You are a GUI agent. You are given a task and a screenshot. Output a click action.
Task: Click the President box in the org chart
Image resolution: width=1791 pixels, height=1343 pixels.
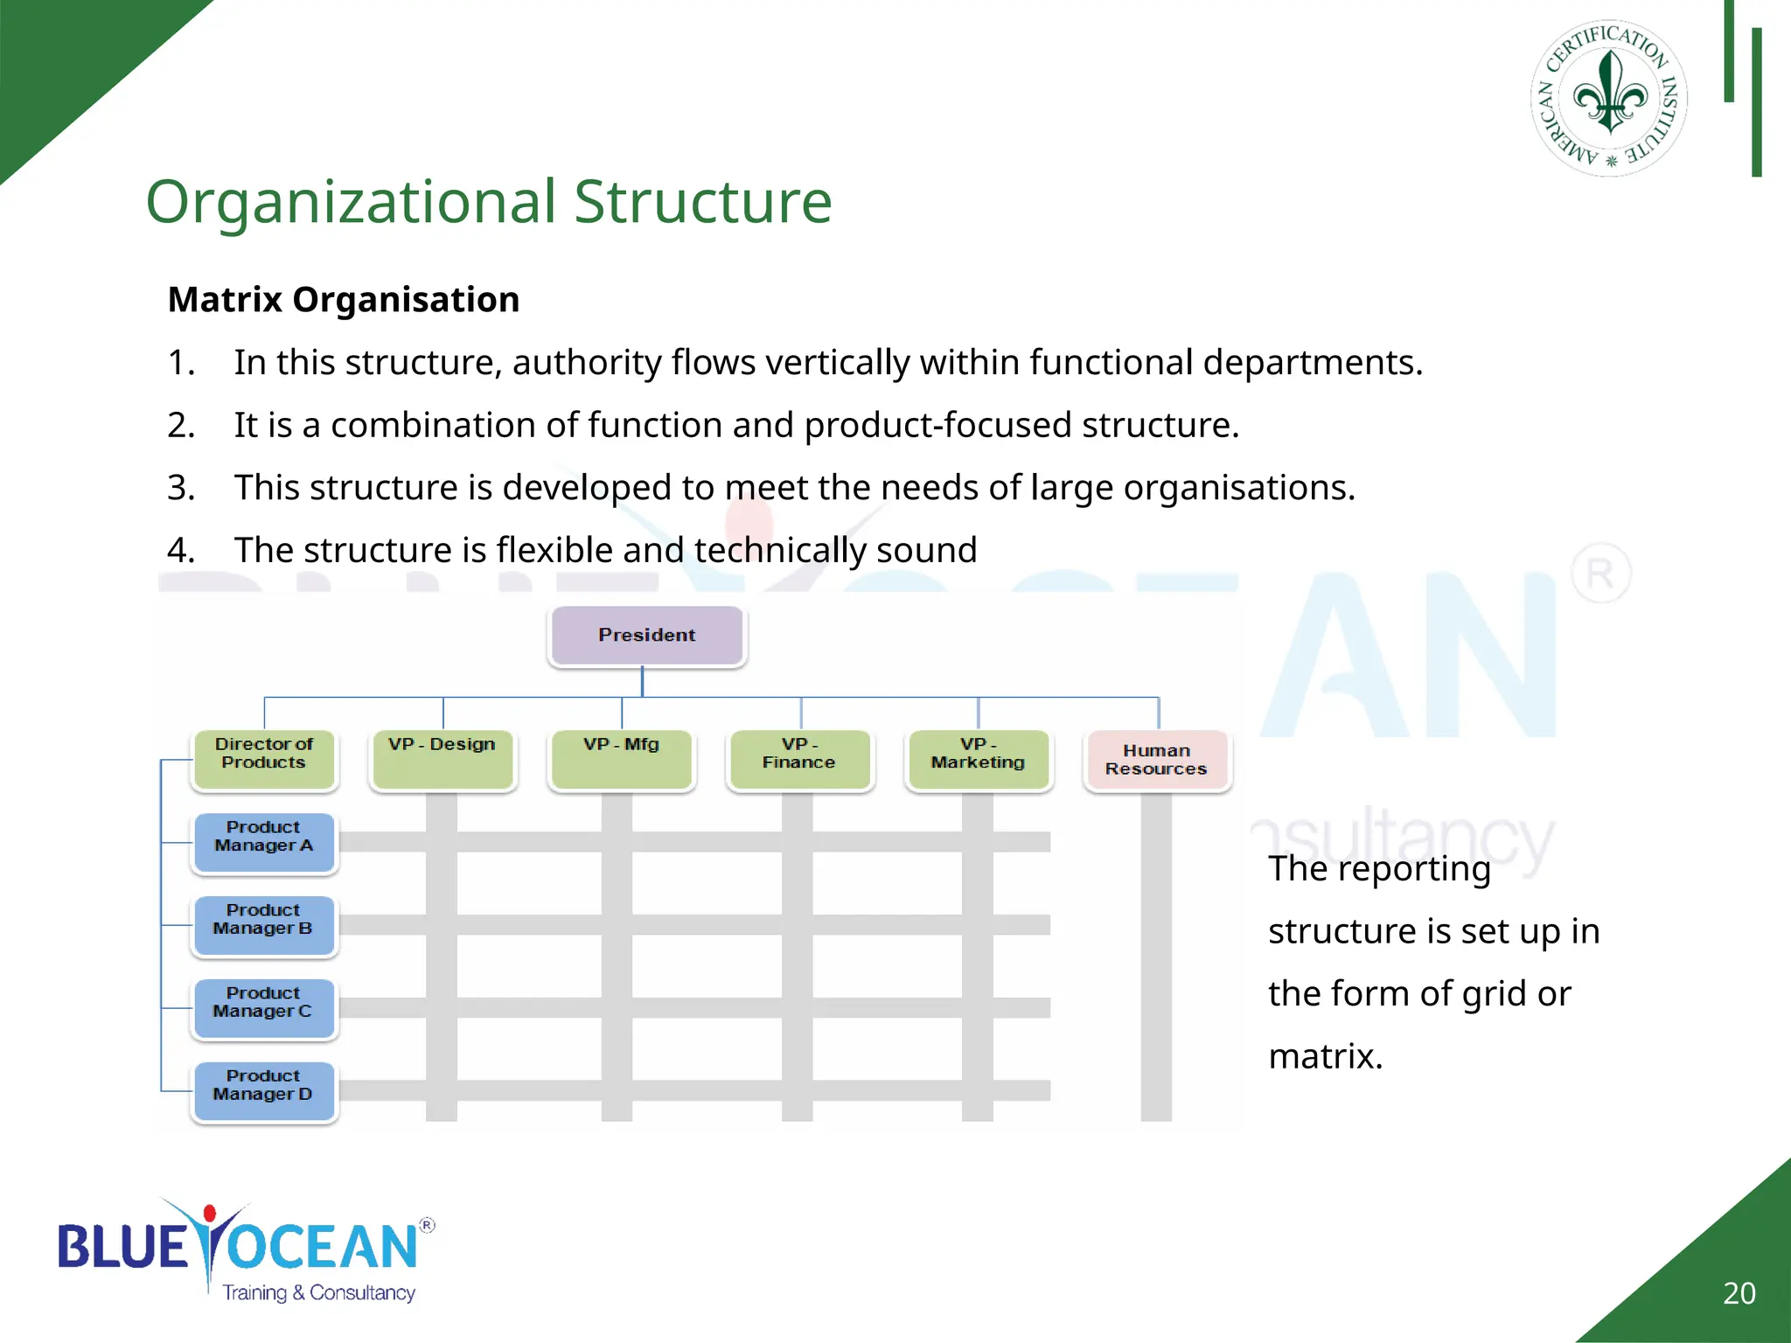click(x=647, y=636)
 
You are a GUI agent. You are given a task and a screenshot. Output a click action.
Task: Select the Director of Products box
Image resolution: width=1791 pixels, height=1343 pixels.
click(x=264, y=759)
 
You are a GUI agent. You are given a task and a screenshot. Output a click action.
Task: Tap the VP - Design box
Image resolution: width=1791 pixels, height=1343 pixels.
click(x=443, y=759)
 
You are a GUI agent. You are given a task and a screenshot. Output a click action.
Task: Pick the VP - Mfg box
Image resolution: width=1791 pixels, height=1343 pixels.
click(x=622, y=759)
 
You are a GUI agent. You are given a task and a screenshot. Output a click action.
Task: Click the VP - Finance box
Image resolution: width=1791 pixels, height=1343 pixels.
click(x=799, y=759)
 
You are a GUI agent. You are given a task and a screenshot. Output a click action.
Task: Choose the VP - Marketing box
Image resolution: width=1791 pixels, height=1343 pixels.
click(x=979, y=759)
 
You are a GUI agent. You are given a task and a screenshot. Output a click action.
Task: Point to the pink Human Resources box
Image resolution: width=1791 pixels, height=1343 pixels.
click(x=1156, y=761)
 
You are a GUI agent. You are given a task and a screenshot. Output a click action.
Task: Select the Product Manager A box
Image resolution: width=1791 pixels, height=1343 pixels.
click(x=264, y=842)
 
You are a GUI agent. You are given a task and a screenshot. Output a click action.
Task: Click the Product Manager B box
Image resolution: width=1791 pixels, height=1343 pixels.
click(x=264, y=925)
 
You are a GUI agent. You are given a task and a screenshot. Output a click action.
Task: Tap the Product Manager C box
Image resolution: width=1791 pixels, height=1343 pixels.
click(x=264, y=1008)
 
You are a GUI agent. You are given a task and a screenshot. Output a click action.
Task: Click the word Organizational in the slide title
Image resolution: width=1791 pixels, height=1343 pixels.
click(x=351, y=202)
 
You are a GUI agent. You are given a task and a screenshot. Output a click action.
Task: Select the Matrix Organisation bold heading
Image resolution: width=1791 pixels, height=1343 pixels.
click(x=344, y=300)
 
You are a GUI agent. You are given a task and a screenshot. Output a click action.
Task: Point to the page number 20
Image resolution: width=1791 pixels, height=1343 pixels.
click(x=1739, y=1293)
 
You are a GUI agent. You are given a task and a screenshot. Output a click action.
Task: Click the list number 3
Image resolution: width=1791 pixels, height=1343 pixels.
click(x=180, y=488)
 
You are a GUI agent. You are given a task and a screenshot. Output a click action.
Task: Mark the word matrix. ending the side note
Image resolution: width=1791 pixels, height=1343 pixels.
click(x=1325, y=1057)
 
